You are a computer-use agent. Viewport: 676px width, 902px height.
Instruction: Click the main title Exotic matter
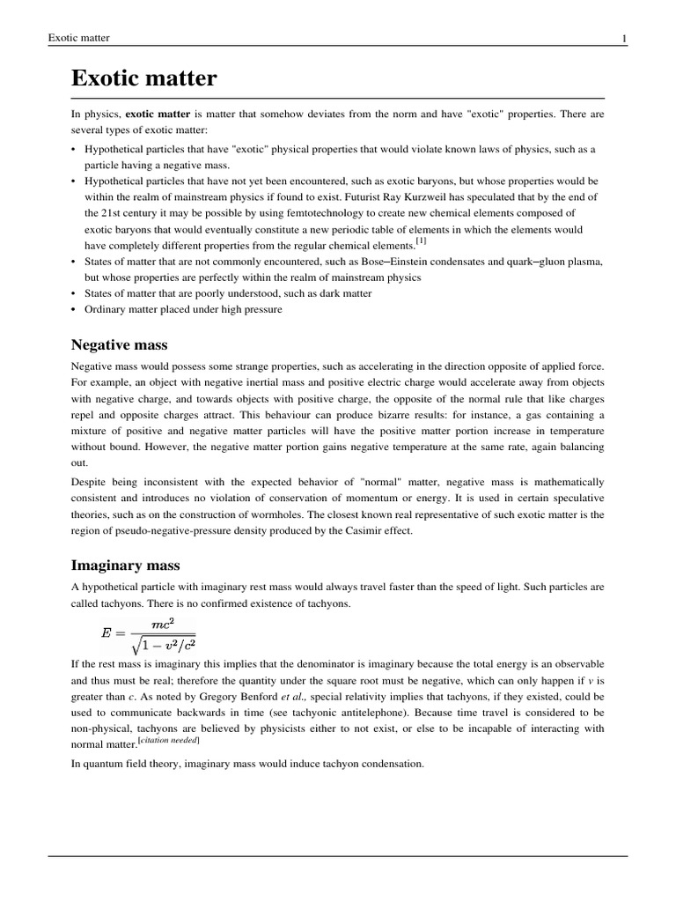coord(143,79)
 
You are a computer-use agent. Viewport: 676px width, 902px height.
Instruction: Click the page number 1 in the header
coord(624,38)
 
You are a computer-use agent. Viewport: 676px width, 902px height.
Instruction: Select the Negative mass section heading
coord(119,344)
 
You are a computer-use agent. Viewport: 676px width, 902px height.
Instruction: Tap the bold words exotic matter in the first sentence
coord(158,115)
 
